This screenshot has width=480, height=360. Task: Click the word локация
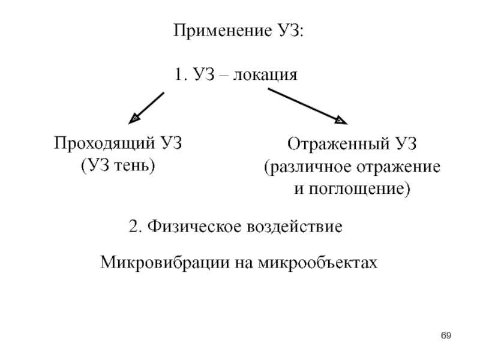click(265, 74)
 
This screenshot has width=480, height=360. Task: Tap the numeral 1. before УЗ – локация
click(181, 74)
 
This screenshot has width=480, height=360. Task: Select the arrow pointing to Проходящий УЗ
click(146, 108)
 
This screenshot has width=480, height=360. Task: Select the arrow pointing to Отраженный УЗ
click(308, 106)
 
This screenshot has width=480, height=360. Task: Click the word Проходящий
click(104, 143)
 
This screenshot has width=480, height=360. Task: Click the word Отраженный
click(338, 144)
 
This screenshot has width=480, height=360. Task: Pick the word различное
click(310, 167)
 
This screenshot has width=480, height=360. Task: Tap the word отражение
click(398, 167)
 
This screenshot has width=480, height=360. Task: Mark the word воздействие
click(294, 227)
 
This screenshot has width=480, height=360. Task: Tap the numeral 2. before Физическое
click(136, 227)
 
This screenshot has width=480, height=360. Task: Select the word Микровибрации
click(164, 263)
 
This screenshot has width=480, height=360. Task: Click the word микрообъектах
click(317, 263)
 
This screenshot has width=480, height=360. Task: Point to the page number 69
click(446, 335)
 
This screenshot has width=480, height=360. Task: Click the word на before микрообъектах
click(244, 263)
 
